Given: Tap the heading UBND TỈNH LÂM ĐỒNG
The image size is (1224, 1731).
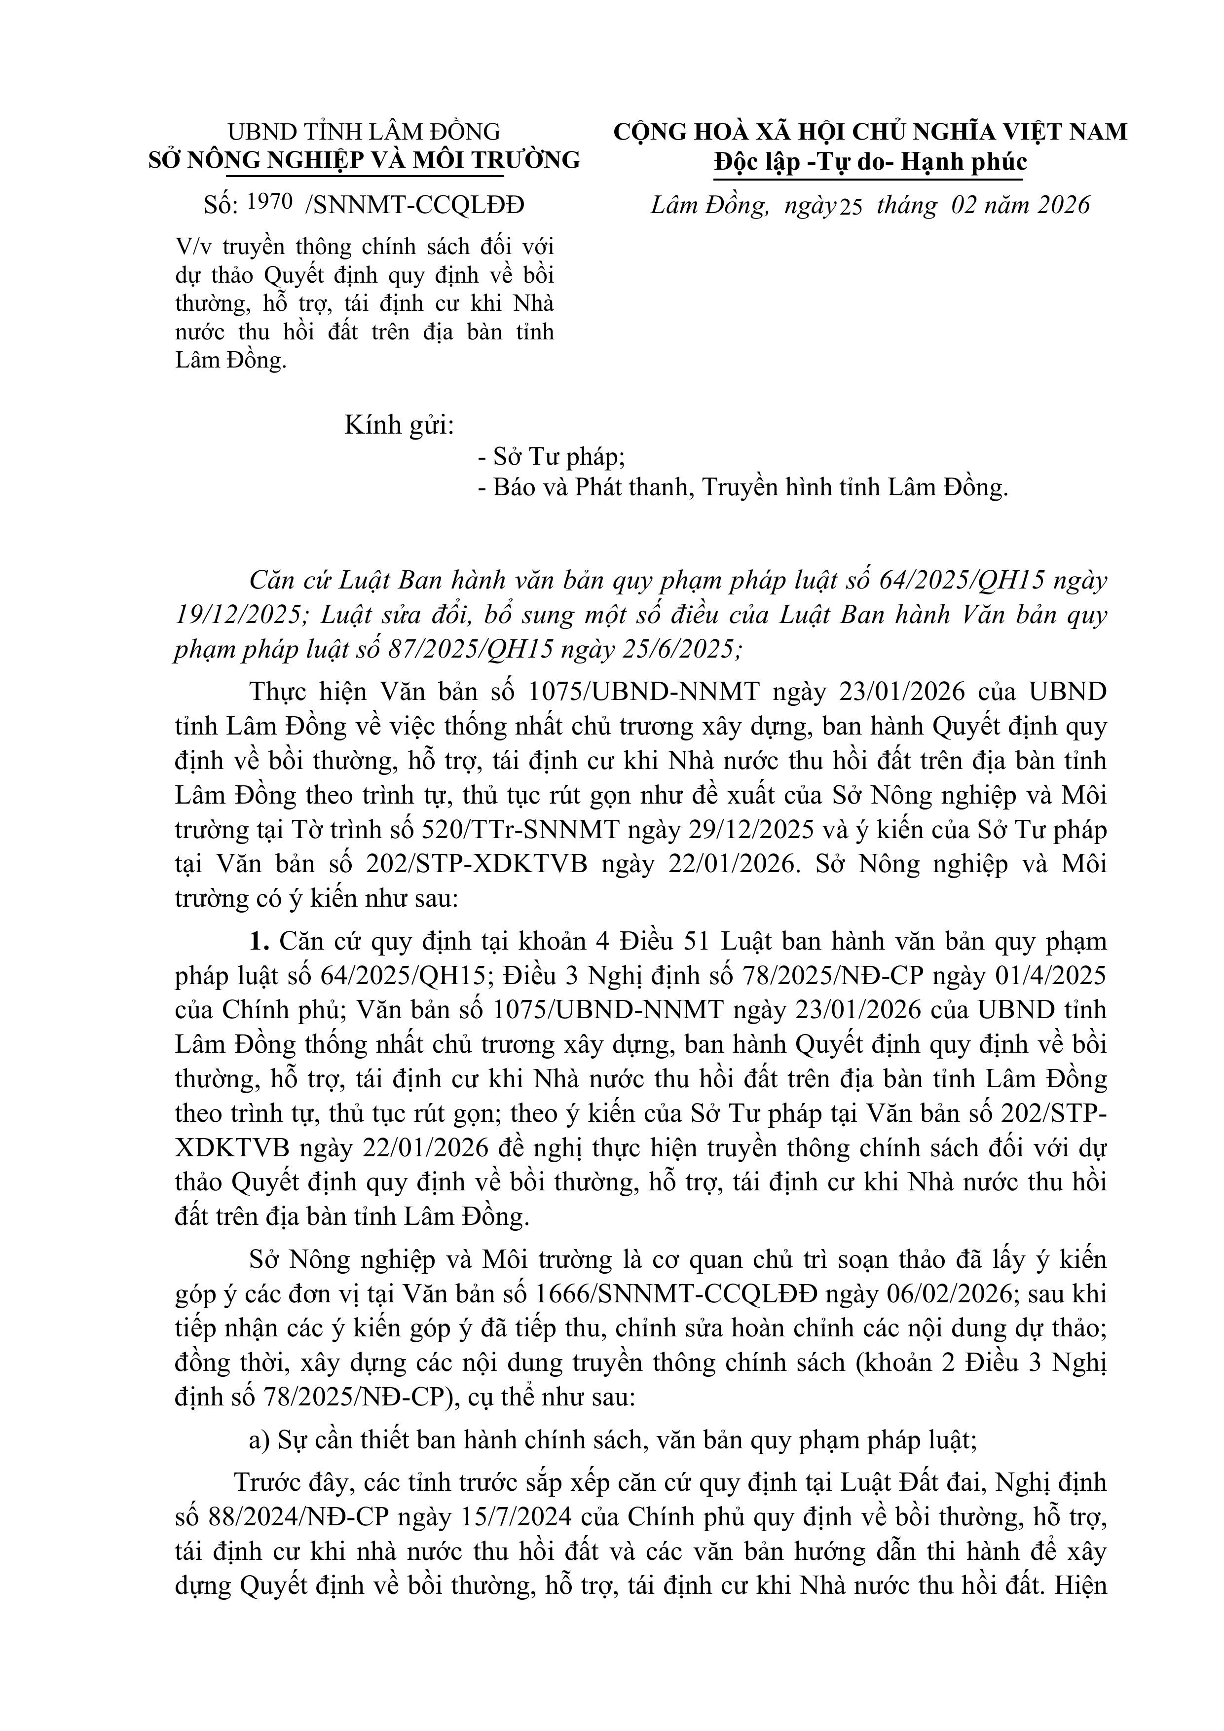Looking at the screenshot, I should click(364, 132).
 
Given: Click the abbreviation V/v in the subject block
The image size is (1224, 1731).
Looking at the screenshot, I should click(191, 247).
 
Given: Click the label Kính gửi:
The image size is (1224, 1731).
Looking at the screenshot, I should click(399, 426).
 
